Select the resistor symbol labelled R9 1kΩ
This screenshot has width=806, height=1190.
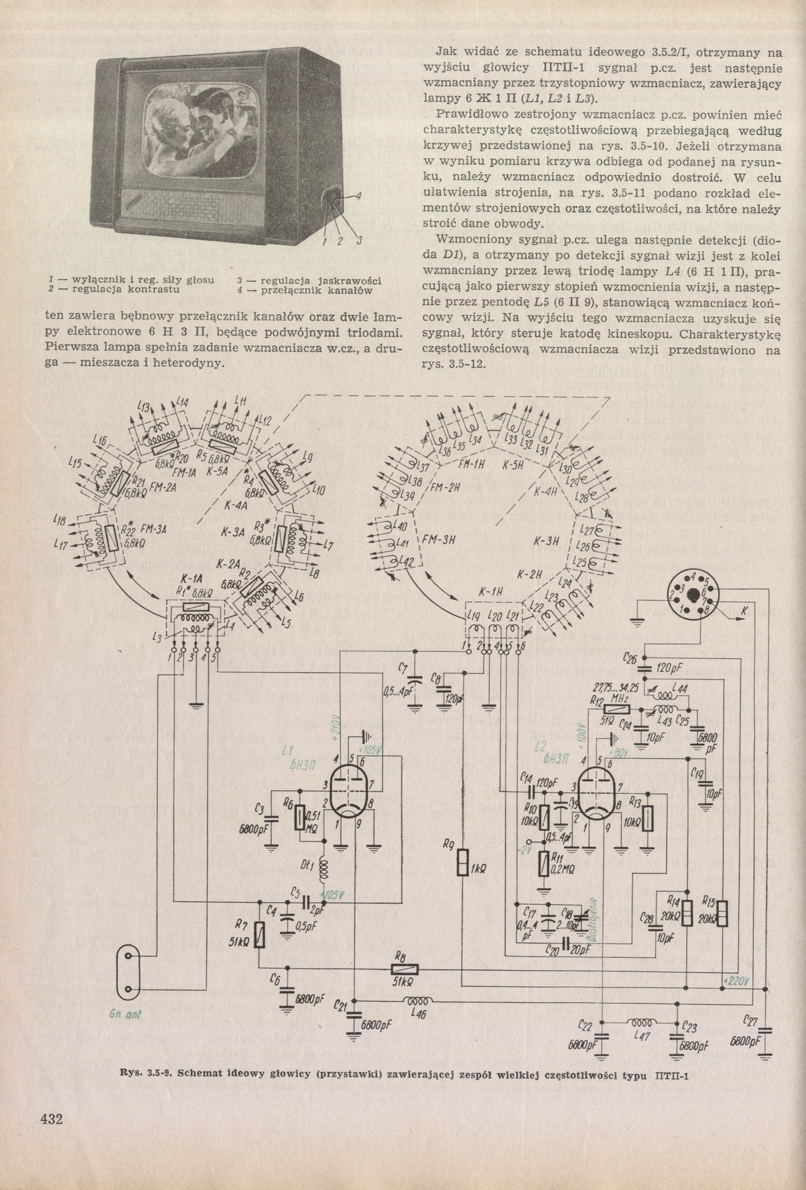462,862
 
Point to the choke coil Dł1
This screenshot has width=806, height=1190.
324,870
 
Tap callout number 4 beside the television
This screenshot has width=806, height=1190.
359,195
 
